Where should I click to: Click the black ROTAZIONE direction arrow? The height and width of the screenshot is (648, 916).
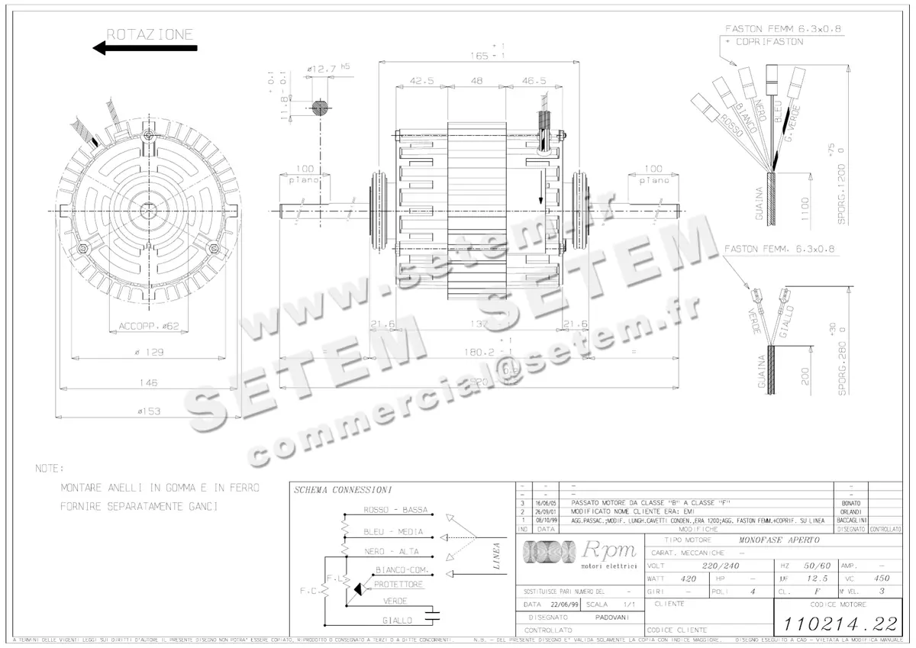tap(144, 48)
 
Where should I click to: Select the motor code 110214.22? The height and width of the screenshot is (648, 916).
tap(837, 623)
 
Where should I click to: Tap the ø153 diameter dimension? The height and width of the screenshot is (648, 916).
tap(150, 411)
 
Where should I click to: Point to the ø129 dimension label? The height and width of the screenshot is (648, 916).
tap(150, 352)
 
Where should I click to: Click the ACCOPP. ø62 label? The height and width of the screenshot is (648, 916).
tap(149, 326)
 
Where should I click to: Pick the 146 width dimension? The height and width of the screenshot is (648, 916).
tap(150, 382)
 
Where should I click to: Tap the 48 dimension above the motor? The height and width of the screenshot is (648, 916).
tap(476, 80)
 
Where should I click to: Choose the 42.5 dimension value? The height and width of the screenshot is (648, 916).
tap(421, 80)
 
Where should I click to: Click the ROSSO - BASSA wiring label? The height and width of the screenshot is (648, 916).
tap(395, 510)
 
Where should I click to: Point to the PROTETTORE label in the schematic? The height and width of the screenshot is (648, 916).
tap(398, 584)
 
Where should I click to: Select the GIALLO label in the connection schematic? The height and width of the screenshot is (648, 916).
tap(398, 621)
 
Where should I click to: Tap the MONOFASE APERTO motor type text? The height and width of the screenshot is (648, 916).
tap(779, 540)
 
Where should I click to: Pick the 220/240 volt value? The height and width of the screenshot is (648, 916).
tap(721, 566)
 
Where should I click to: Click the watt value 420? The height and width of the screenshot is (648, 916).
tap(689, 579)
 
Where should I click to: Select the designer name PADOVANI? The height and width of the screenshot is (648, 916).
tap(612, 617)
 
